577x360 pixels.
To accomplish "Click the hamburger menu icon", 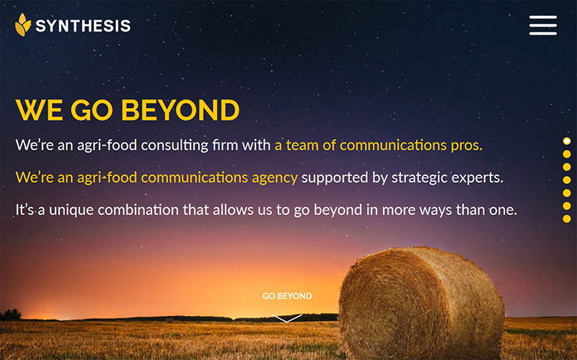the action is click(543, 25).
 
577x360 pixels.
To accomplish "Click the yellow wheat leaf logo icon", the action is click(23, 25).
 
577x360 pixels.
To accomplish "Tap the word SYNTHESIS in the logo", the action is click(83, 26).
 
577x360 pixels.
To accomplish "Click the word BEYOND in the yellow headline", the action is click(180, 110).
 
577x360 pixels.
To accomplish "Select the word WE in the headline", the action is click(40, 110).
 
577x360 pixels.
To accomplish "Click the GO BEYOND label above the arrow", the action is click(287, 296).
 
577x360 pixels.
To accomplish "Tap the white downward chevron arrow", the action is click(287, 318).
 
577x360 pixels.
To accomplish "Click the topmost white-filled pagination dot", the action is click(567, 141).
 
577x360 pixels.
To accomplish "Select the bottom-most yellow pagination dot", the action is click(567, 219).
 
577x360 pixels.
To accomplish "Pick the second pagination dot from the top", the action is click(567, 154).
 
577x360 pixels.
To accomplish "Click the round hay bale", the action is click(421, 304).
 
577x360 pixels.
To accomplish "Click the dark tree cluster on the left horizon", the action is click(11, 315).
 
